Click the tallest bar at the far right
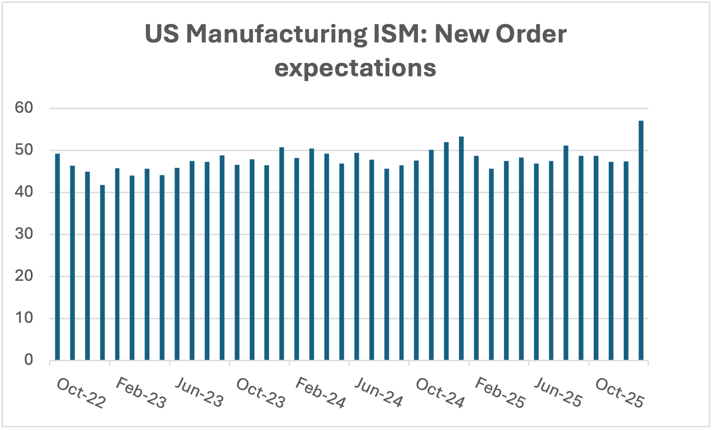pos(641,240)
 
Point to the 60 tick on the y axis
pos(24,108)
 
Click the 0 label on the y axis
pos(28,360)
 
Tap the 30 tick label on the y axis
pos(24,234)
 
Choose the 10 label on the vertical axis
pos(24,318)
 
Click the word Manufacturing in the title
pos(277,34)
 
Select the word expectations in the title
pos(355,68)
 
